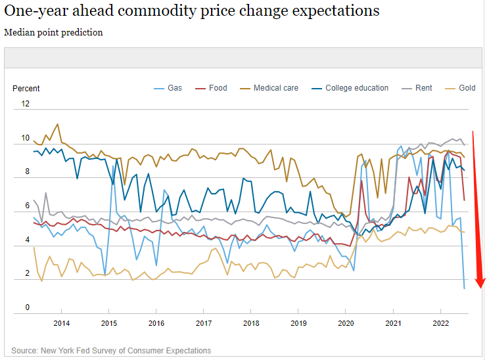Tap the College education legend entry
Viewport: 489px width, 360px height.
click(x=357, y=88)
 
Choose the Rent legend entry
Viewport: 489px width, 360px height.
click(x=423, y=88)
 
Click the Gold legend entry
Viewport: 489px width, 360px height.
click(x=467, y=88)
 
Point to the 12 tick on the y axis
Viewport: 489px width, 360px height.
click(x=26, y=104)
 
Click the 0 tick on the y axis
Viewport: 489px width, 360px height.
click(x=28, y=307)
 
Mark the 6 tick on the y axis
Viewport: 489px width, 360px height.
click(x=28, y=206)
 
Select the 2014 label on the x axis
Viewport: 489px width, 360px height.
click(x=61, y=323)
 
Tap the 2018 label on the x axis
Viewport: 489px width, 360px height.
click(x=250, y=323)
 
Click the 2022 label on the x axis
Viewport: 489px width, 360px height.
click(x=440, y=323)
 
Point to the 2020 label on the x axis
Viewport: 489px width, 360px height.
click(x=345, y=323)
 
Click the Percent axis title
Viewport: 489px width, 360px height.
click(x=26, y=89)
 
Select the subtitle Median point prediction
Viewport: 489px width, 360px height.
click(x=53, y=32)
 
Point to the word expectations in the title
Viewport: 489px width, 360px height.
click(x=332, y=12)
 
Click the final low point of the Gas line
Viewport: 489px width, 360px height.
click(x=465, y=288)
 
